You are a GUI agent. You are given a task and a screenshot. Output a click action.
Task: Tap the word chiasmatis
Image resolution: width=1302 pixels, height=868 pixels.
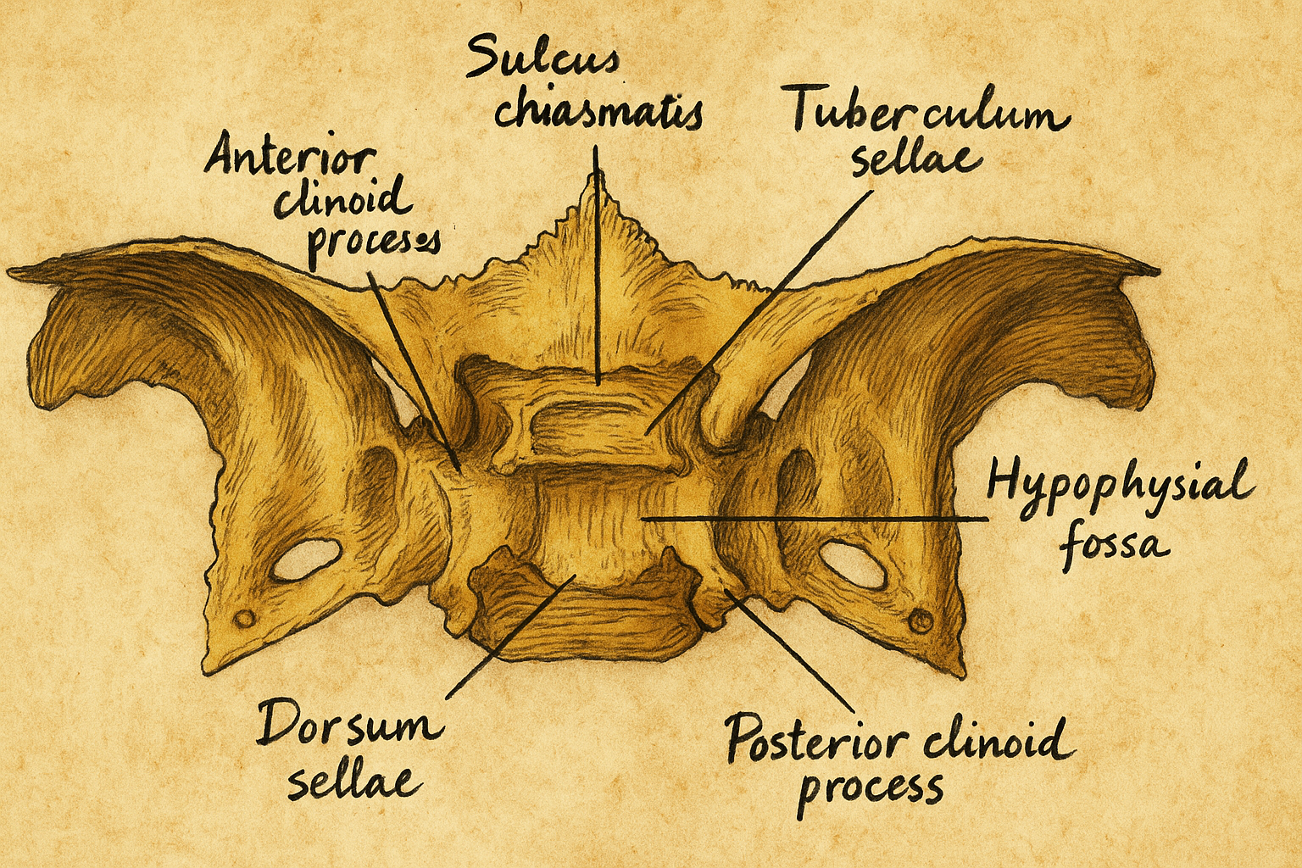(x=598, y=114)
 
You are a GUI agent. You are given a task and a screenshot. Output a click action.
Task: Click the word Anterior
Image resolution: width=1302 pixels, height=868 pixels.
(x=290, y=156)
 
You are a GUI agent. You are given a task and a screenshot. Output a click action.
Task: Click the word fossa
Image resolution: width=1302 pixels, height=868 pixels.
(x=1115, y=542)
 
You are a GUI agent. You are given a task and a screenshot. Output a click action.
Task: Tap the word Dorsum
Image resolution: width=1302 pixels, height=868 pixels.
(x=349, y=726)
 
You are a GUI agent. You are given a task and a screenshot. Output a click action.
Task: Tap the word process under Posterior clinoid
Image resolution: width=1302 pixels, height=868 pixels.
(x=871, y=789)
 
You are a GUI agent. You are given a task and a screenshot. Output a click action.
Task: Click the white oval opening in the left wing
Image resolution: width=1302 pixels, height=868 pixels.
(x=306, y=560)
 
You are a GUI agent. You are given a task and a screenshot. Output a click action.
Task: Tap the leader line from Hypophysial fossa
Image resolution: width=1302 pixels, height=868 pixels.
(x=814, y=517)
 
